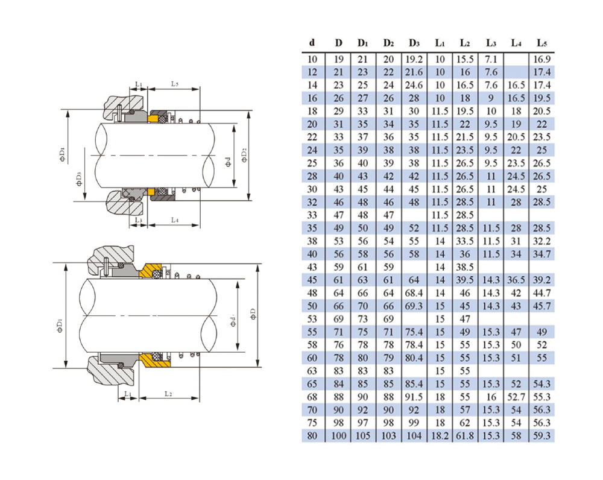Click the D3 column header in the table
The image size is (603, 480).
[414, 43]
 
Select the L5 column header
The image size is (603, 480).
[541, 43]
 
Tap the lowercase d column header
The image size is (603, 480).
[312, 43]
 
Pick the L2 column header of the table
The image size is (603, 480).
[465, 43]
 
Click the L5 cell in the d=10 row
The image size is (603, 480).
[541, 59]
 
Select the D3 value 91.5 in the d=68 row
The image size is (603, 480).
[414, 396]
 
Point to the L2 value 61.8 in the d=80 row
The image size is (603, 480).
[465, 436]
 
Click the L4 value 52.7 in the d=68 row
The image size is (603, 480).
[516, 396]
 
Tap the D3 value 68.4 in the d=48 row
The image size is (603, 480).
[414, 293]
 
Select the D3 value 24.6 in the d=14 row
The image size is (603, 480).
[414, 85]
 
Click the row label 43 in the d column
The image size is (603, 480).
[312, 267]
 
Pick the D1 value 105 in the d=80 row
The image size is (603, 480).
[362, 436]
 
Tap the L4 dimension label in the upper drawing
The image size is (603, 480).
[174, 221]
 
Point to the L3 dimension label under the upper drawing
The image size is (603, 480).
[139, 221]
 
